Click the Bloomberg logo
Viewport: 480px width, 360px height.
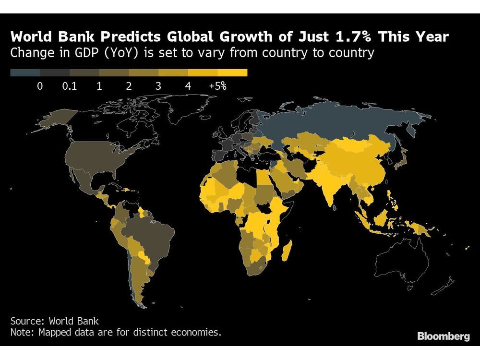[443, 336]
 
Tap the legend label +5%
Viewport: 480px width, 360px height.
[217, 86]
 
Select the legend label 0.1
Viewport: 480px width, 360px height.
[70, 86]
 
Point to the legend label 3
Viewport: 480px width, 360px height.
[158, 86]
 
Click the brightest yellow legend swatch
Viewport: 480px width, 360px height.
[233, 73]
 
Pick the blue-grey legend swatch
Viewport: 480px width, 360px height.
[25, 73]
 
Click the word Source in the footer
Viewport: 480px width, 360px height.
[26, 321]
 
